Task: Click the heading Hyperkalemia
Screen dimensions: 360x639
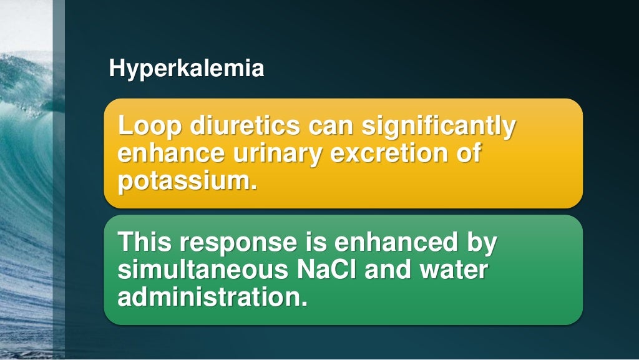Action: click(x=186, y=68)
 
